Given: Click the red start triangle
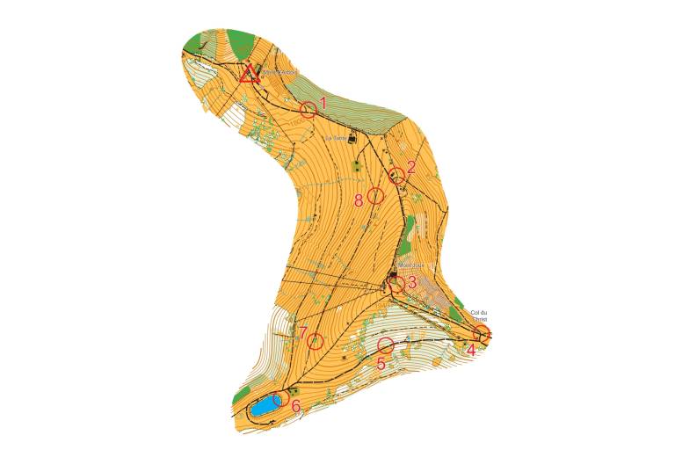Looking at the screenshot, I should pyautogui.click(x=250, y=74).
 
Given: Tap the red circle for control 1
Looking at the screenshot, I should pyautogui.click(x=308, y=110).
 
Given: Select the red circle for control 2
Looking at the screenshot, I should pyautogui.click(x=397, y=175).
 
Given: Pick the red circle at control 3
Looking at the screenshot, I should pyautogui.click(x=396, y=284).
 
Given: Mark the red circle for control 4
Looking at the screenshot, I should pyautogui.click(x=482, y=333).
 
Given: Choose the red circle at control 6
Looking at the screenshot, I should pyautogui.click(x=282, y=399).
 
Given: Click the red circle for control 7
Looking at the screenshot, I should pyautogui.click(x=316, y=341).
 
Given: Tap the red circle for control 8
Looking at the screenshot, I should pyautogui.click(x=375, y=195).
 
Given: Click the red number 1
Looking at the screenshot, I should pyautogui.click(x=323, y=103).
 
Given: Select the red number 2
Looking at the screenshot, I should pyautogui.click(x=411, y=167).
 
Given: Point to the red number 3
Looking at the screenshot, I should pyautogui.click(x=411, y=282).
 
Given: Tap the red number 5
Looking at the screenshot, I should pyautogui.click(x=381, y=362).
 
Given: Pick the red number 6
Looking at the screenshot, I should pyautogui.click(x=295, y=405).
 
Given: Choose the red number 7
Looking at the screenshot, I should pyautogui.click(x=303, y=332).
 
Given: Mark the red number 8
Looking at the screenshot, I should pyautogui.click(x=359, y=200).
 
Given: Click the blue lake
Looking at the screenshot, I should pyautogui.click(x=262, y=407).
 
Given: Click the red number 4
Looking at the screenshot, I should pyautogui.click(x=471, y=350).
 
